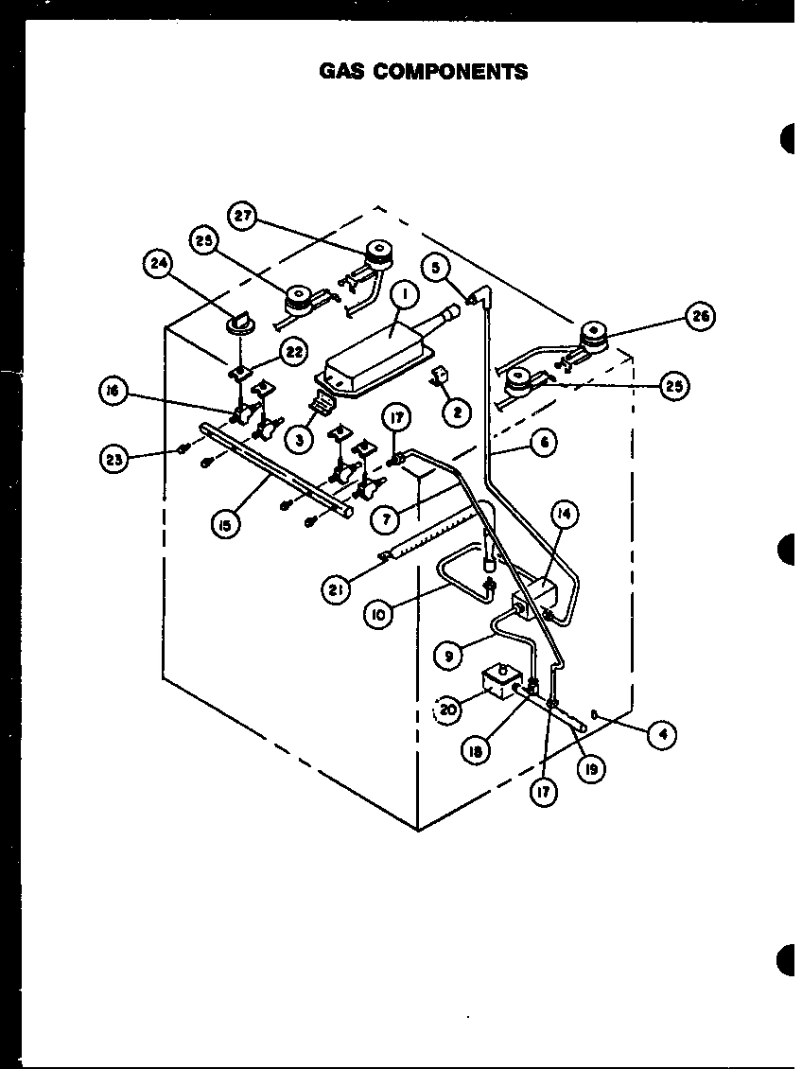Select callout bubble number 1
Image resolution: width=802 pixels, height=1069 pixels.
[x=405, y=295]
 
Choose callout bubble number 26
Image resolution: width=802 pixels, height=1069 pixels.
[x=701, y=317]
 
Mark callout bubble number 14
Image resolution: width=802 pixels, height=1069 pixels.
[x=565, y=516]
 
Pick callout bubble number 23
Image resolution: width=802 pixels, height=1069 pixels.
[x=115, y=460]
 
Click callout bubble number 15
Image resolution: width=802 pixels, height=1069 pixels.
[x=225, y=525]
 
